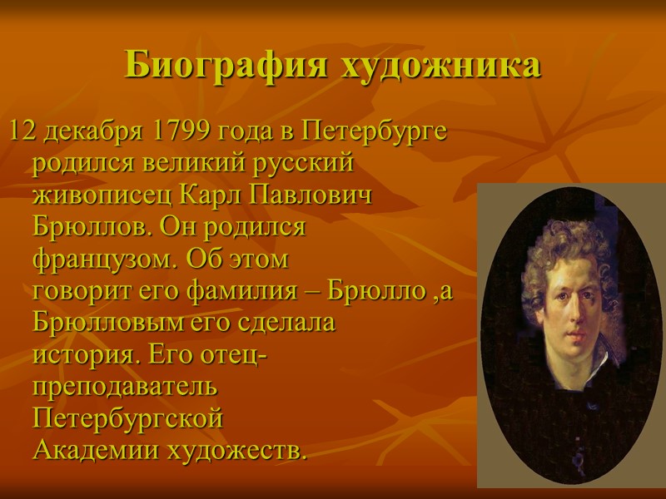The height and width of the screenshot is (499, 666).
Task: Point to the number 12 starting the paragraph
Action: point(22,131)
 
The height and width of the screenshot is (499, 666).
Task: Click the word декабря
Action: point(94,131)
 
